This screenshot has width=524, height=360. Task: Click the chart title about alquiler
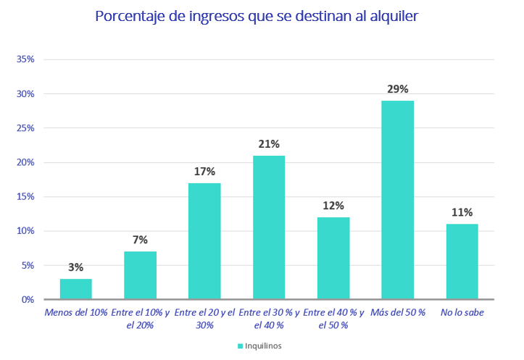pyautogui.click(x=257, y=16)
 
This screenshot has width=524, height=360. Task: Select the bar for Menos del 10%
pyautogui.click(x=76, y=289)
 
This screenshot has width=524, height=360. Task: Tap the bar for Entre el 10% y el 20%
pyautogui.click(x=140, y=275)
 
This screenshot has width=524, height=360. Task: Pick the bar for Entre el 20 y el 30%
pyautogui.click(x=204, y=241)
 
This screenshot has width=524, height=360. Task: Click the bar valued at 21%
pyautogui.click(x=269, y=227)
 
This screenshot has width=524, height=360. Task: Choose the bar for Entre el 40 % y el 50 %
pyautogui.click(x=333, y=259)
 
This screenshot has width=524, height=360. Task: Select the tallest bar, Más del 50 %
pyautogui.click(x=398, y=200)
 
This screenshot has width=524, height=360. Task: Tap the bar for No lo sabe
pyautogui.click(x=462, y=261)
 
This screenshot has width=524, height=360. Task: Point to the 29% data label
pyautogui.click(x=398, y=89)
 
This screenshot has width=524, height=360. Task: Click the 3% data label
pyautogui.click(x=76, y=267)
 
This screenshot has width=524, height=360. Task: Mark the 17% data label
pyautogui.click(x=204, y=172)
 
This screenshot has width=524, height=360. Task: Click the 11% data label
pyautogui.click(x=462, y=212)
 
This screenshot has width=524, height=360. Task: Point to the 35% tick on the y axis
pyautogui.click(x=26, y=59)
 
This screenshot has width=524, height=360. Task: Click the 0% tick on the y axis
pyautogui.click(x=28, y=299)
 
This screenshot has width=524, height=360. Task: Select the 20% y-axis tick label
pyautogui.click(x=26, y=162)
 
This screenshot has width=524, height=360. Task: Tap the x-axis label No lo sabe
pyautogui.click(x=462, y=312)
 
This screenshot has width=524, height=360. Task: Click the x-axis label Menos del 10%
pyautogui.click(x=76, y=312)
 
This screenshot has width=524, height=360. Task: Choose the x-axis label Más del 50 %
pyautogui.click(x=398, y=312)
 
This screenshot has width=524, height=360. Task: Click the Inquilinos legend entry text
pyautogui.click(x=263, y=346)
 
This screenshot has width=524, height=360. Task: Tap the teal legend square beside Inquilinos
pyautogui.click(x=240, y=346)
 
